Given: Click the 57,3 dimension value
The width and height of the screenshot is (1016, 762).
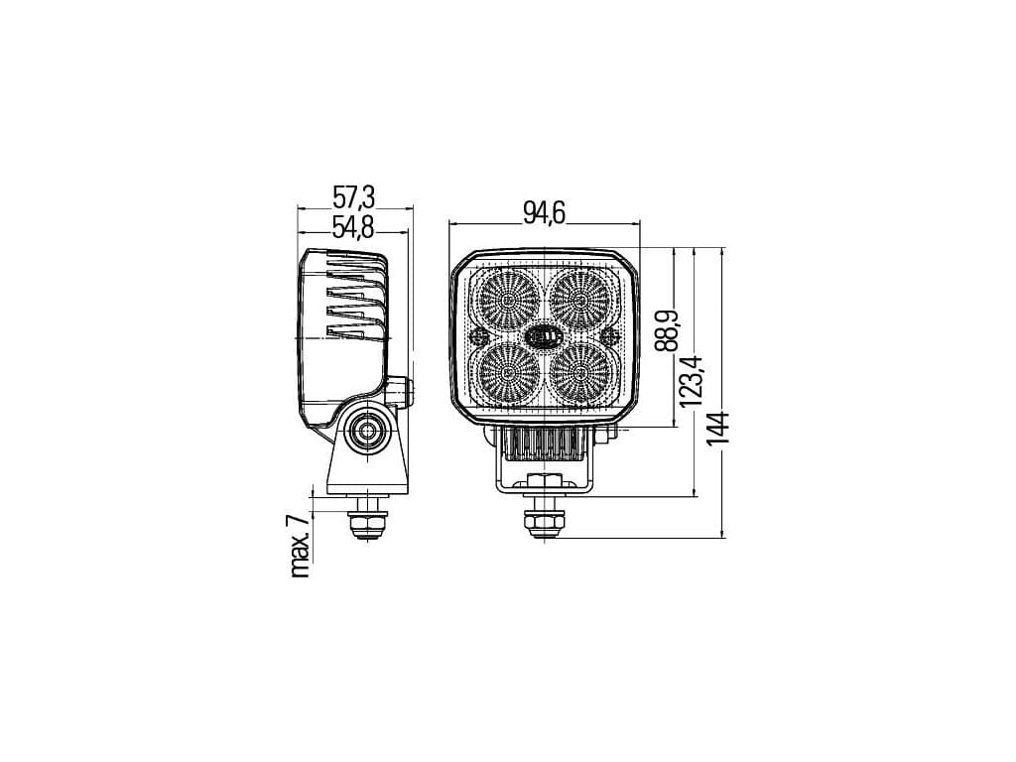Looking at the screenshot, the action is coord(354,196).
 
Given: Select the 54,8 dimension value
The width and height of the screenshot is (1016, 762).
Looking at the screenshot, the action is coord(353,227).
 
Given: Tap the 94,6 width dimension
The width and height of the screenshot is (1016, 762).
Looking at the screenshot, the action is coord(545,212).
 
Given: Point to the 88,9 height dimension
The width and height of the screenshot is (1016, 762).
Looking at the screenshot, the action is coord(666,330).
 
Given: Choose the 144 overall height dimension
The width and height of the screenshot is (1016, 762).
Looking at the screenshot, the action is coord(718,429).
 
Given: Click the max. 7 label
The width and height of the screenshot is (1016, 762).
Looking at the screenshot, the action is coord(300,547).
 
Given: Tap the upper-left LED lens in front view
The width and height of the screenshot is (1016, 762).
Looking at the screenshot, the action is coord(508,301).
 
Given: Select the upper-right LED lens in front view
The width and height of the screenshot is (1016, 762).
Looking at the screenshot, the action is coord(579,301).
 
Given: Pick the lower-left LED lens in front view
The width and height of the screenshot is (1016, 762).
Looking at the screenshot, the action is coord(508,373).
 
